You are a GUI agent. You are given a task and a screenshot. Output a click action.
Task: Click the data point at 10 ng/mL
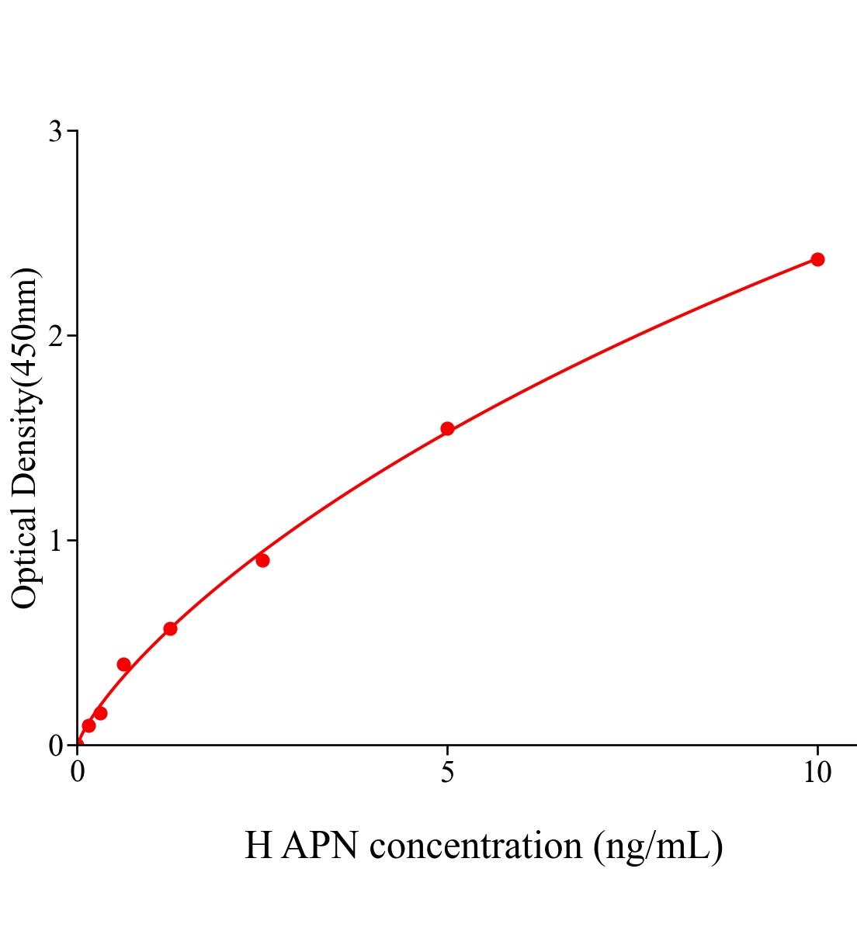(x=817, y=259)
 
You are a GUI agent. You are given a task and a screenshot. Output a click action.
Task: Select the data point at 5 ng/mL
(x=447, y=428)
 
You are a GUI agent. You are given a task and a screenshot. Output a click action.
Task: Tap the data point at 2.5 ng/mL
(x=262, y=560)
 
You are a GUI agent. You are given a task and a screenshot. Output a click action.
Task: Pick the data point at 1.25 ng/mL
(x=170, y=628)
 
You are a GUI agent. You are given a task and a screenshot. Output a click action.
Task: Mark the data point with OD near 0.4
(x=123, y=664)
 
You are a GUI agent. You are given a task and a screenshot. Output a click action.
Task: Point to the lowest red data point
(x=88, y=725)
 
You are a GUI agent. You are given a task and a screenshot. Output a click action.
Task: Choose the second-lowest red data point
(x=100, y=713)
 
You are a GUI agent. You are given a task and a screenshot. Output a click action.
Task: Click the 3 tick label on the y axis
(x=55, y=132)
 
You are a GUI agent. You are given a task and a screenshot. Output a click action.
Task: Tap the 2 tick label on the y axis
(x=55, y=336)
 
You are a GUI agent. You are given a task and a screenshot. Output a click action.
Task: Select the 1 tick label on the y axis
(x=55, y=541)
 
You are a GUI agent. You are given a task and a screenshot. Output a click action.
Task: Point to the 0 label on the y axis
(x=55, y=746)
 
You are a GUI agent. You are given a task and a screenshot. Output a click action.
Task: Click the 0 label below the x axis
(x=78, y=773)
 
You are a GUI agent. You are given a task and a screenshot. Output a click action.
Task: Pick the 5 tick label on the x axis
(x=447, y=773)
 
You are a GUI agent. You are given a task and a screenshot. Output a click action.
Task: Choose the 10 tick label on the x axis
(x=817, y=773)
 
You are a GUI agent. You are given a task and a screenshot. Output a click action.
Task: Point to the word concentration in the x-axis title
(x=476, y=846)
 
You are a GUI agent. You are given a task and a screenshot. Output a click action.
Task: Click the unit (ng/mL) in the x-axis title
(x=658, y=846)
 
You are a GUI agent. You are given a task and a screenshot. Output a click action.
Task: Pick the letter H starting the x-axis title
(x=258, y=846)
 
